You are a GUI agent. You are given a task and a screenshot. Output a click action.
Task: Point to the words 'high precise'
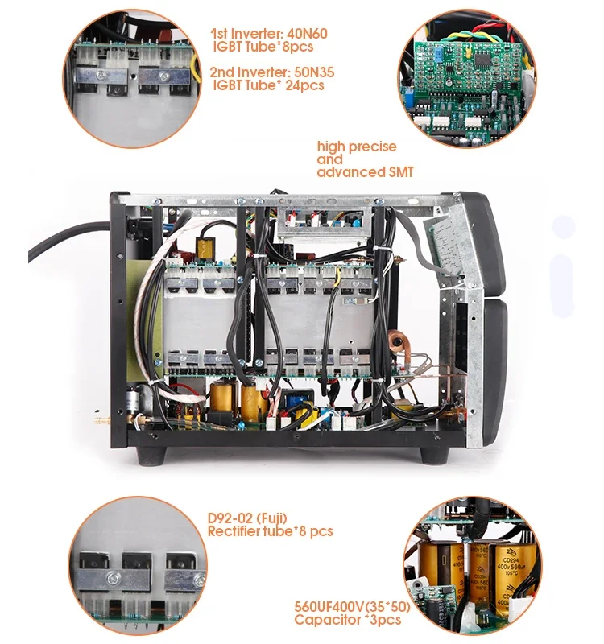click(357, 147)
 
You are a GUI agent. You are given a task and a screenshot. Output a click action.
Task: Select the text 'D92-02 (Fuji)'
click(247, 518)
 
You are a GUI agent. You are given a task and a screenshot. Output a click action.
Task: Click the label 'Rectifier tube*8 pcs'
click(270, 531)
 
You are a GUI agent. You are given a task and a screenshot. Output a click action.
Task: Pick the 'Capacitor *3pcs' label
click(347, 620)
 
